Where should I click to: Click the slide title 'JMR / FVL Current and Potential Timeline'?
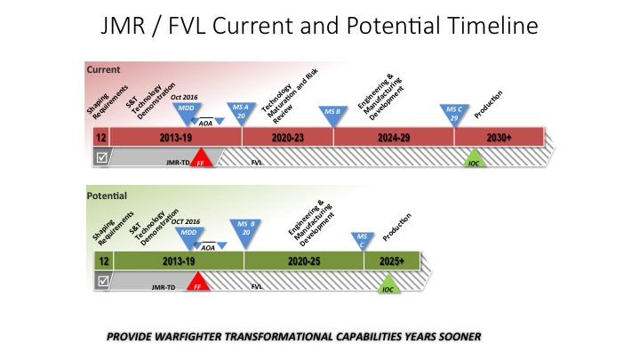pos(320,27)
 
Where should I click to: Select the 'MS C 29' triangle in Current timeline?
pos(453,112)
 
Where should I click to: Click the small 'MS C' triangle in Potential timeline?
pos(362,238)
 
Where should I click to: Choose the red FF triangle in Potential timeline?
pos(198,284)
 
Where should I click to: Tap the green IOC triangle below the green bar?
pos(387,284)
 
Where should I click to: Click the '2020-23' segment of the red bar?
pos(287,137)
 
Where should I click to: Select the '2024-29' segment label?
pos(393,137)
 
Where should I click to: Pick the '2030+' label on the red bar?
pos(499,137)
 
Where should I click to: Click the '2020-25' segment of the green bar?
pos(304,261)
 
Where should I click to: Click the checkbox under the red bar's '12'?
pos(103,157)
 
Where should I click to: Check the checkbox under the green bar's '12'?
pos(103,281)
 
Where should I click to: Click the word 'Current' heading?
pos(103,69)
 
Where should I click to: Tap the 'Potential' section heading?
pos(107,195)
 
